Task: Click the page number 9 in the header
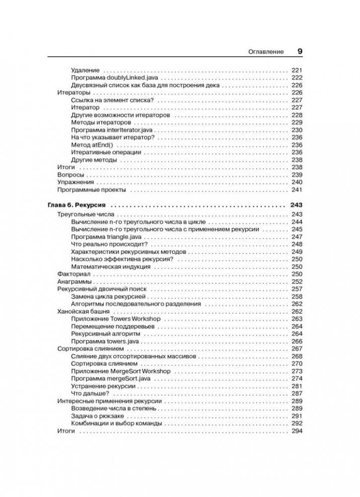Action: coord(300,51)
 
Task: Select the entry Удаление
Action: coord(85,70)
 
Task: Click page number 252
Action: coord(297,282)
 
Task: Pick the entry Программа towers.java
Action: coord(105,342)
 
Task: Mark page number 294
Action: coord(297,432)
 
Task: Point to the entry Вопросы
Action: coord(71,175)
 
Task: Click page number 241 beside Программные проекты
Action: coord(297,190)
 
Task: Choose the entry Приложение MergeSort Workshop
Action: coord(121,371)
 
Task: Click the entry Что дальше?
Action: coord(90,394)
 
